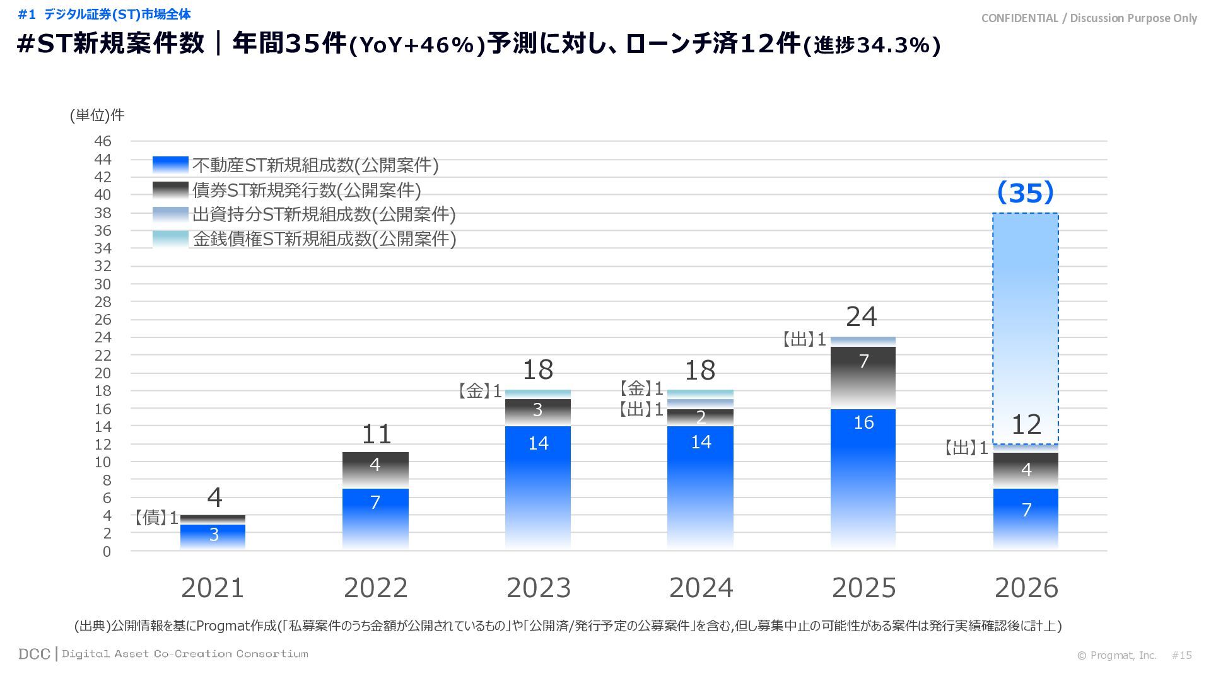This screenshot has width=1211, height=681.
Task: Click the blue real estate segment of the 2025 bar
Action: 863,479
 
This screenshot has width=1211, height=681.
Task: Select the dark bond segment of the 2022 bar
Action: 375,470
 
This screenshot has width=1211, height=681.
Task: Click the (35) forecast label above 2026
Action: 1026,192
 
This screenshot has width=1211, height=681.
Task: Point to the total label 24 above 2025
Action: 862,317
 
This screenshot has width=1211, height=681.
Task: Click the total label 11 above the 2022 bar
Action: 377,434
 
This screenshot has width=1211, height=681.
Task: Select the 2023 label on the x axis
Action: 539,588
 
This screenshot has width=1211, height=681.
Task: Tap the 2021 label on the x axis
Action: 213,588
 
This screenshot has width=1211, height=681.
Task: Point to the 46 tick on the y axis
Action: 103,141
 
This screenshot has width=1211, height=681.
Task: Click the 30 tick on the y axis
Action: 103,284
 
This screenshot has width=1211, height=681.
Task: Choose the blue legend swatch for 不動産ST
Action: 170,165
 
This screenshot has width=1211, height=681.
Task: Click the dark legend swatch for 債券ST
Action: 170,190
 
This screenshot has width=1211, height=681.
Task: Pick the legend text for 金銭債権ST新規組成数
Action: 324,239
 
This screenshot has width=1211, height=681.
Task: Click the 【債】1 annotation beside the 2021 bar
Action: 156,518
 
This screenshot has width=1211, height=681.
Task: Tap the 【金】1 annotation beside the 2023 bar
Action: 480,391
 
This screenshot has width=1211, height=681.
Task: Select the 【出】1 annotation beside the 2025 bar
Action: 804,340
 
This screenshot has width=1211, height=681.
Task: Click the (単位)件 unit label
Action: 97,115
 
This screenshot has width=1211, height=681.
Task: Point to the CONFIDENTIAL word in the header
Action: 1019,18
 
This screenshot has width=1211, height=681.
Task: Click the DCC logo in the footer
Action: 34,654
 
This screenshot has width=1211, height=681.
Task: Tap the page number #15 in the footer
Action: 1181,655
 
